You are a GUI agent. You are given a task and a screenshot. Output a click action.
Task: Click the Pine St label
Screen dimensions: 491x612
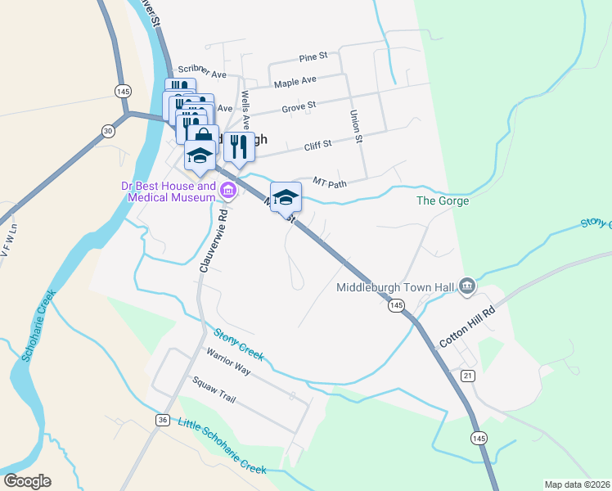[x=313, y=56]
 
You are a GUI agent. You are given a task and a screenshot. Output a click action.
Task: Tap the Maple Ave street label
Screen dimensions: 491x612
[x=295, y=82]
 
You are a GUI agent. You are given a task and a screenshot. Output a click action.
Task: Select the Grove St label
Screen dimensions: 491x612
[x=299, y=106]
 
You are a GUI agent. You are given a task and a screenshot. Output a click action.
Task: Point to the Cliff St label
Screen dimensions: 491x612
[x=317, y=144]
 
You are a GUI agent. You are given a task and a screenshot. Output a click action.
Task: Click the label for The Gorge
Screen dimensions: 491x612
[x=443, y=200]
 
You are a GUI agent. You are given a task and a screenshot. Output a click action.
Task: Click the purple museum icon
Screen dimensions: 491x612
[x=228, y=192]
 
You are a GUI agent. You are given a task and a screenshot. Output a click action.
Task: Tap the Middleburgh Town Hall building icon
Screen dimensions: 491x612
[x=467, y=286]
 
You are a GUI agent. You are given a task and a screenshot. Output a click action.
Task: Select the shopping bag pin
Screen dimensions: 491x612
[x=203, y=136]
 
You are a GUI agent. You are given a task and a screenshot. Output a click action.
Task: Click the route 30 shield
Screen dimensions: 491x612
[x=108, y=130]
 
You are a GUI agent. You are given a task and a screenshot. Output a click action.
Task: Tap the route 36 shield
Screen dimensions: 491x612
[x=162, y=420]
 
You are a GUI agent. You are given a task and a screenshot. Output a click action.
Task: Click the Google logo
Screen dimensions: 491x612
[x=27, y=481]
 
